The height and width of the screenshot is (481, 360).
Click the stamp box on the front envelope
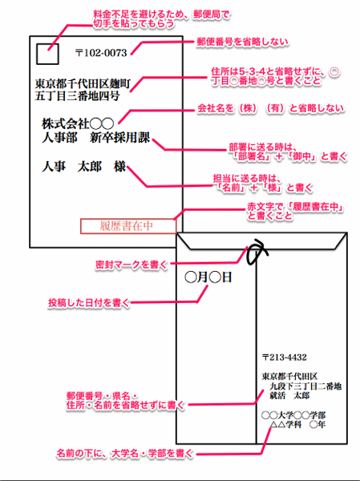pyautogui.click(x=47, y=54)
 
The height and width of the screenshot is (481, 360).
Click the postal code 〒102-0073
pyautogui.click(x=100, y=54)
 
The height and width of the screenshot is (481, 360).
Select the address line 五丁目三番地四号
pyautogui.click(x=78, y=97)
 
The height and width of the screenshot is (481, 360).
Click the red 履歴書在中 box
pyautogui.click(x=126, y=225)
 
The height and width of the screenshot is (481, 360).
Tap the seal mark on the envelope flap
pyautogui.click(x=254, y=254)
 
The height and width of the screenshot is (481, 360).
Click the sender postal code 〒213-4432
pyautogui.click(x=285, y=357)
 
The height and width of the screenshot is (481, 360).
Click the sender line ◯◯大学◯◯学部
pyautogui.click(x=293, y=415)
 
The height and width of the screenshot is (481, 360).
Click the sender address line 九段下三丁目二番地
pyautogui.click(x=305, y=386)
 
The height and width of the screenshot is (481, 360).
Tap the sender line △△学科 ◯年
pyautogui.click(x=297, y=426)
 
